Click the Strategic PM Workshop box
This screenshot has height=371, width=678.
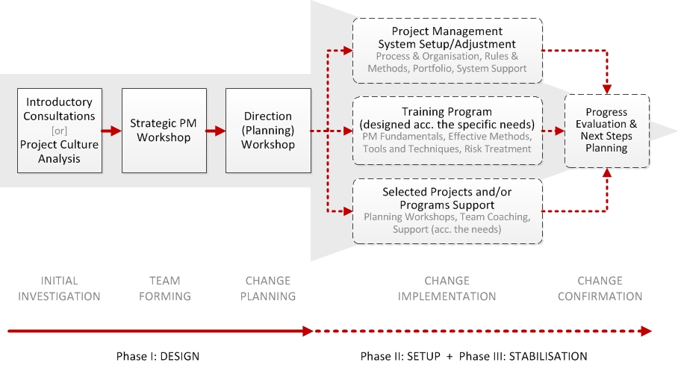point(164,131)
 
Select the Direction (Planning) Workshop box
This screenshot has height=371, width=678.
point(268,131)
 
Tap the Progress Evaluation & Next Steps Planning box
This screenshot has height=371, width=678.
point(606,131)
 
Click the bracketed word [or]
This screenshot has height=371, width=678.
point(59,131)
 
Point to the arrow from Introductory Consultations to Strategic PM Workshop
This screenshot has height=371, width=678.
point(111,131)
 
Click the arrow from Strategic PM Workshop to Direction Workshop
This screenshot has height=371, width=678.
point(216,131)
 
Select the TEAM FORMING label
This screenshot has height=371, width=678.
point(165,288)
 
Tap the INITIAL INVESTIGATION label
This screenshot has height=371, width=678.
point(59,288)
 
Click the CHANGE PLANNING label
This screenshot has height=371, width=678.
point(268,288)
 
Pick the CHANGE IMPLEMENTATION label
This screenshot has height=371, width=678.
point(447,288)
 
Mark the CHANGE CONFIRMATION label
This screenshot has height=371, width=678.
point(600,288)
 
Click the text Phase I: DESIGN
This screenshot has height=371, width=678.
point(158,356)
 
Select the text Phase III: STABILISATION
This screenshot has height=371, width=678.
point(523,356)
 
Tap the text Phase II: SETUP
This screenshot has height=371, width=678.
point(400,356)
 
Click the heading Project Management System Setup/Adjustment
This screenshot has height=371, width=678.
point(447,37)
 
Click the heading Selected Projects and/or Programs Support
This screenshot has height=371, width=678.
point(447,198)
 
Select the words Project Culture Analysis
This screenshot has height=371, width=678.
point(59,152)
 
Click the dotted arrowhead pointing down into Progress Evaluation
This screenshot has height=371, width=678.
point(607,89)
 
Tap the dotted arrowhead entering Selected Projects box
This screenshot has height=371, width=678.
point(348,211)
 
